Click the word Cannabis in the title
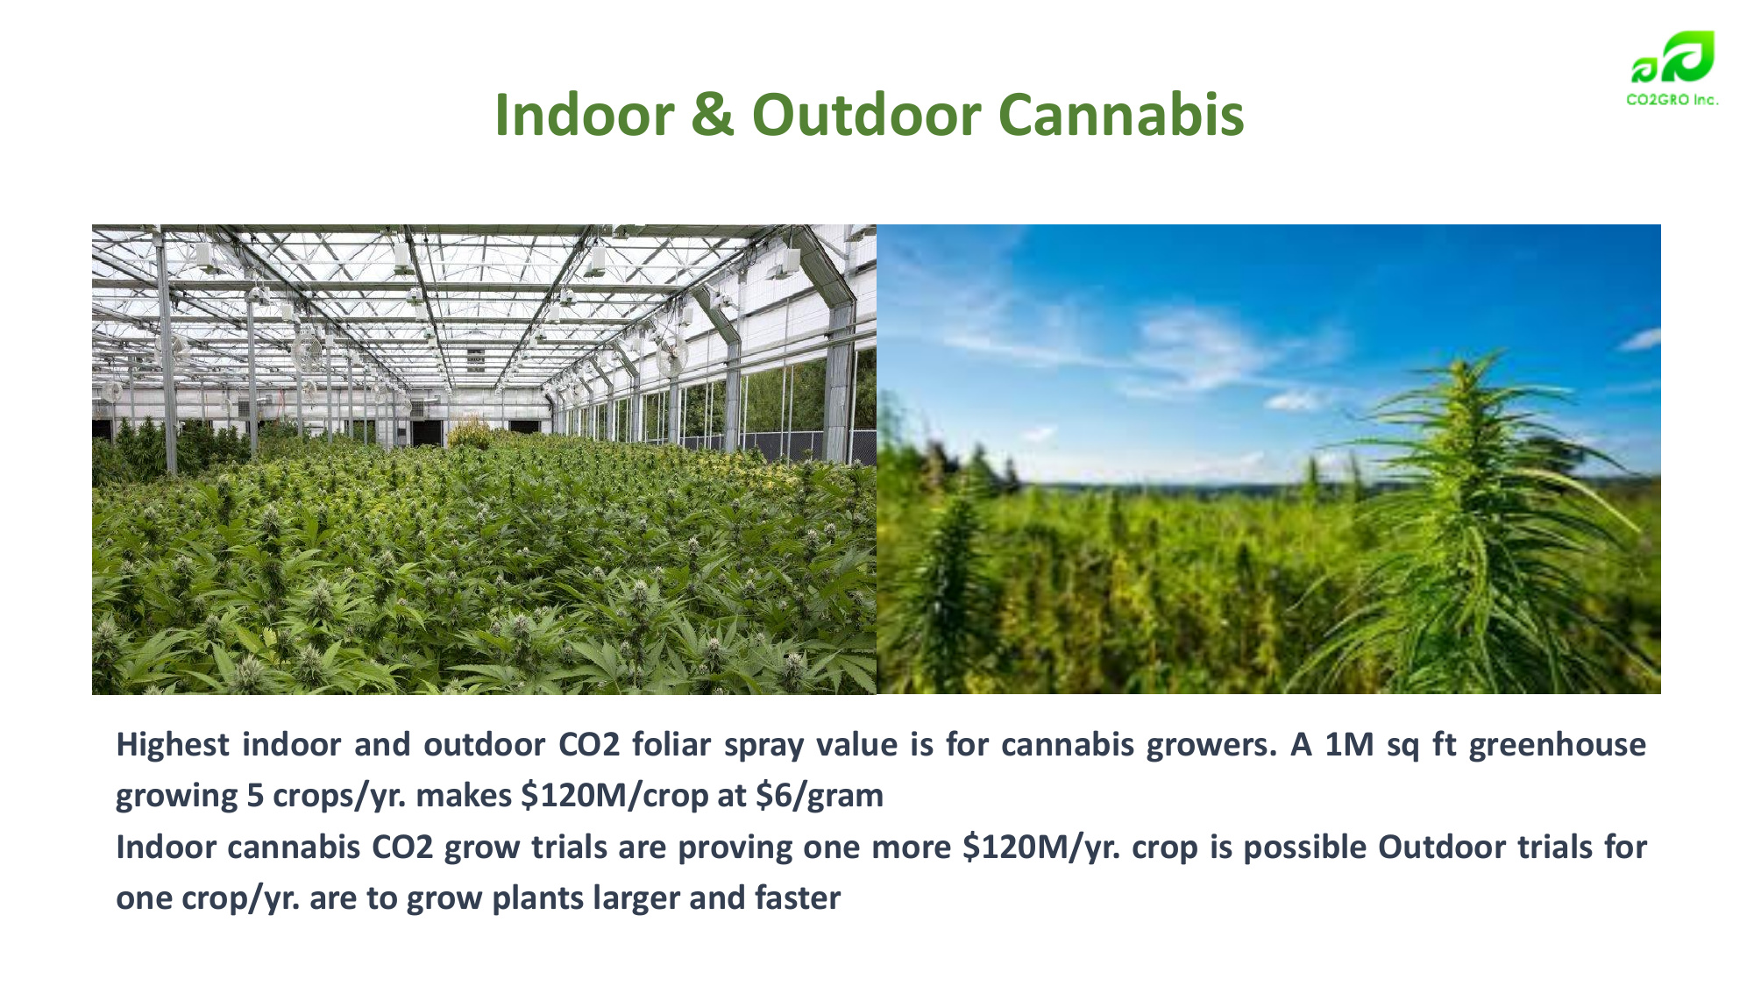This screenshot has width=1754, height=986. point(1121,115)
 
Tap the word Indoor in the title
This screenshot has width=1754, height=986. point(585,115)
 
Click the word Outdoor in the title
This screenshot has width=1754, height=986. point(866,115)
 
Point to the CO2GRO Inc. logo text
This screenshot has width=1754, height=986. point(1672,100)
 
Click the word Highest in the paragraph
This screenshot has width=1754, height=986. point(173,745)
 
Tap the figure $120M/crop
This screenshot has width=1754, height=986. point(614,796)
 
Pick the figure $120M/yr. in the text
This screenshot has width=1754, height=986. point(1041,848)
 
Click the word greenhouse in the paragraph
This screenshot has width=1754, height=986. point(1558,745)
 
